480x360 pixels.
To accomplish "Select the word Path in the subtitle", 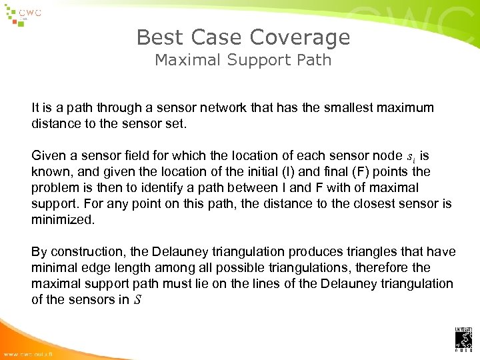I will [315, 60].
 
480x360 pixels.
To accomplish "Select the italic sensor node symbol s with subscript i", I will [409, 157].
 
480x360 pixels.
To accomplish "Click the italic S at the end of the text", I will [136, 300].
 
